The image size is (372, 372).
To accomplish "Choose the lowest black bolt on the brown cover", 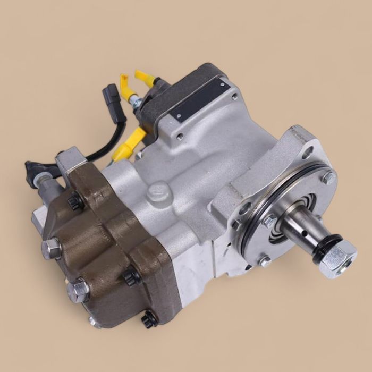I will pos(149,319).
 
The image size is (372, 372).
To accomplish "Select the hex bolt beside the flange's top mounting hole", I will pos(328,177).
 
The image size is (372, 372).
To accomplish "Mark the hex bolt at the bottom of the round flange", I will pos(263,261).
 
